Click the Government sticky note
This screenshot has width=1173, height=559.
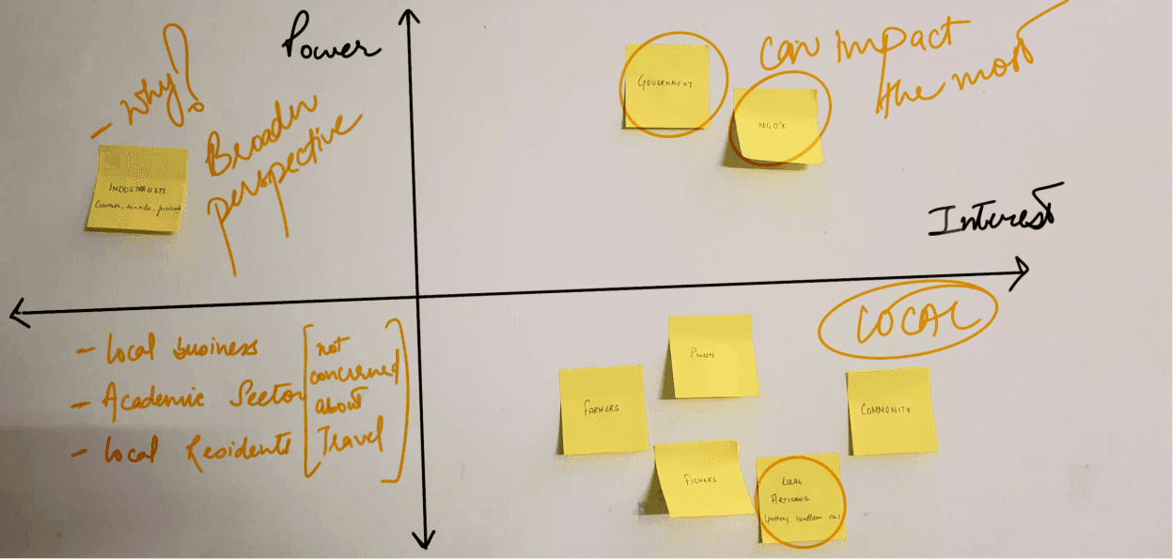pyautogui.click(x=666, y=85)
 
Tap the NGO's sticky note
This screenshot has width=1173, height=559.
pyautogui.click(x=775, y=125)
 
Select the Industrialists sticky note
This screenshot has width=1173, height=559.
pyautogui.click(x=137, y=189)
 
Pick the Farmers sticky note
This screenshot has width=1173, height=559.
pyautogui.click(x=602, y=410)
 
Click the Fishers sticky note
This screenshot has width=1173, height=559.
pyautogui.click(x=698, y=479)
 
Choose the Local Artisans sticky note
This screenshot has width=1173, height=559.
pyautogui.click(x=801, y=500)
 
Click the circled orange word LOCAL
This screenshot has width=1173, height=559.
pyautogui.click(x=906, y=320)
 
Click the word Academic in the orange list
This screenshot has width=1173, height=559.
pyautogui.click(x=154, y=398)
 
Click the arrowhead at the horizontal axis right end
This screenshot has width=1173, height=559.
pyautogui.click(x=1022, y=270)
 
